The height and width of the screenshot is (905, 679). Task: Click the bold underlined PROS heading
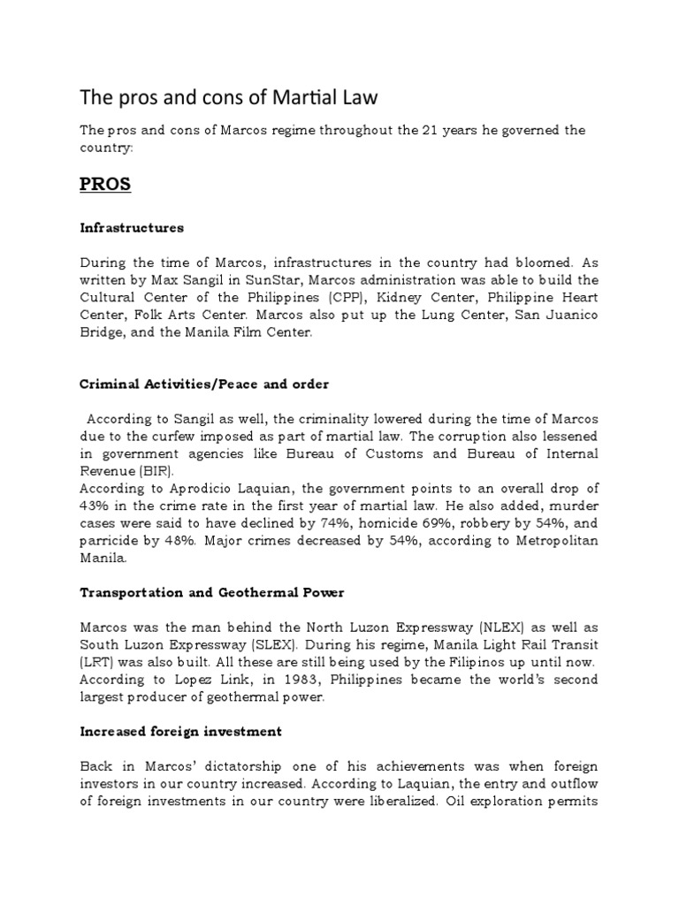[105, 185]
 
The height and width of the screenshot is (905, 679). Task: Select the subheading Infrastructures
[132, 227]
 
